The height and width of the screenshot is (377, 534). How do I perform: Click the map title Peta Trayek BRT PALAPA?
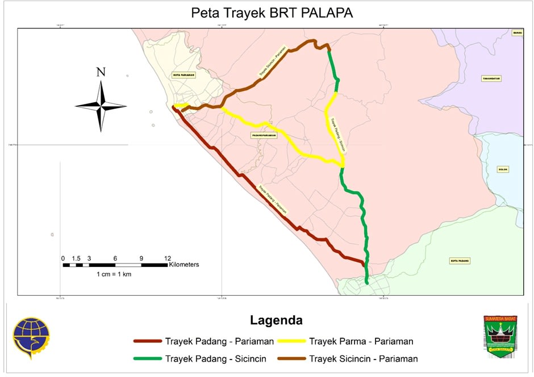(x=272, y=13)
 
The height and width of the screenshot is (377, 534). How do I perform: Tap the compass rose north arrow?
(x=101, y=106)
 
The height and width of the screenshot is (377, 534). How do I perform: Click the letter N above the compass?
(x=101, y=72)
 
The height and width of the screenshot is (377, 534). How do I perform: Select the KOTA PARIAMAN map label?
(x=184, y=75)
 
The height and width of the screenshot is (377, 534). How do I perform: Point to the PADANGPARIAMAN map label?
(x=264, y=135)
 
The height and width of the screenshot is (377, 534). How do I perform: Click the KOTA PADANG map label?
(x=460, y=261)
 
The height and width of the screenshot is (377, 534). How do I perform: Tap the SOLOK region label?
(x=502, y=169)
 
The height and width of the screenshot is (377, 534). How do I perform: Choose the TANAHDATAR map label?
(x=493, y=78)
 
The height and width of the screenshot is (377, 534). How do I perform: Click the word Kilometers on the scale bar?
(x=184, y=265)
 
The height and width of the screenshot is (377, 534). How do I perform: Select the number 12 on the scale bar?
(x=167, y=258)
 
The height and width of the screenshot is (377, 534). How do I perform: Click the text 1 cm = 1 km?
(x=114, y=274)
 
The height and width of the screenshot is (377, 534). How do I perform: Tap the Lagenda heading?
(x=276, y=320)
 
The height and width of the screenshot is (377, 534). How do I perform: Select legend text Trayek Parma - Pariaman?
(x=360, y=341)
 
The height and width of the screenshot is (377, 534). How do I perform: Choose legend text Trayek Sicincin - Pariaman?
(x=363, y=358)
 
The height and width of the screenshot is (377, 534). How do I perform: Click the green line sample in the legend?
(x=147, y=358)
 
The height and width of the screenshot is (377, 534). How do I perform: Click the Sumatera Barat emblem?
(x=500, y=336)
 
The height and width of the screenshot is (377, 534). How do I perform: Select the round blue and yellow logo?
(x=31, y=337)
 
